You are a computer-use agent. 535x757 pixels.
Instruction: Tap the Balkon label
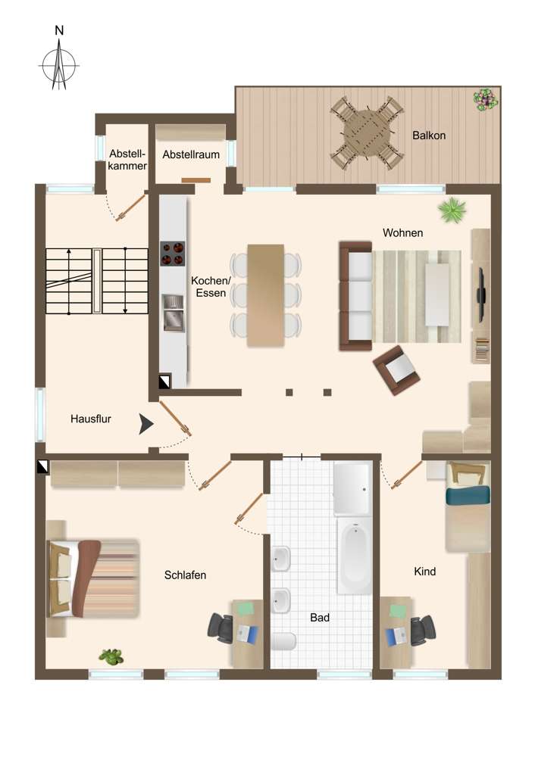pos(429,136)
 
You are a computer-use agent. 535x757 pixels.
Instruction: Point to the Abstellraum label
pos(191,154)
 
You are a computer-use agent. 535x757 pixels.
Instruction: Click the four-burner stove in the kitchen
pos(173,254)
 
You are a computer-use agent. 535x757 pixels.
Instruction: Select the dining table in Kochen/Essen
pos(265,295)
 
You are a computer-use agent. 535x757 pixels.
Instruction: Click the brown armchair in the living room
pos(397,369)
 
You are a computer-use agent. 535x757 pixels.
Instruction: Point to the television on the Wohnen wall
pos(480,288)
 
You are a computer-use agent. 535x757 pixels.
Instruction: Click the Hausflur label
pos(91,419)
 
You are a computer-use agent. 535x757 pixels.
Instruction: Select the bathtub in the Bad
pos(354,556)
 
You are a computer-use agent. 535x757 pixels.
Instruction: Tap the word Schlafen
pos(185,575)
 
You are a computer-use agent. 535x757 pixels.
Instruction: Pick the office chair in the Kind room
pos(421,628)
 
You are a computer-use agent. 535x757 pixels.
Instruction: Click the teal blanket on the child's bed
pos(468,496)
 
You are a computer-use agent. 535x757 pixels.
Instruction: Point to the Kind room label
pos(425,572)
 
